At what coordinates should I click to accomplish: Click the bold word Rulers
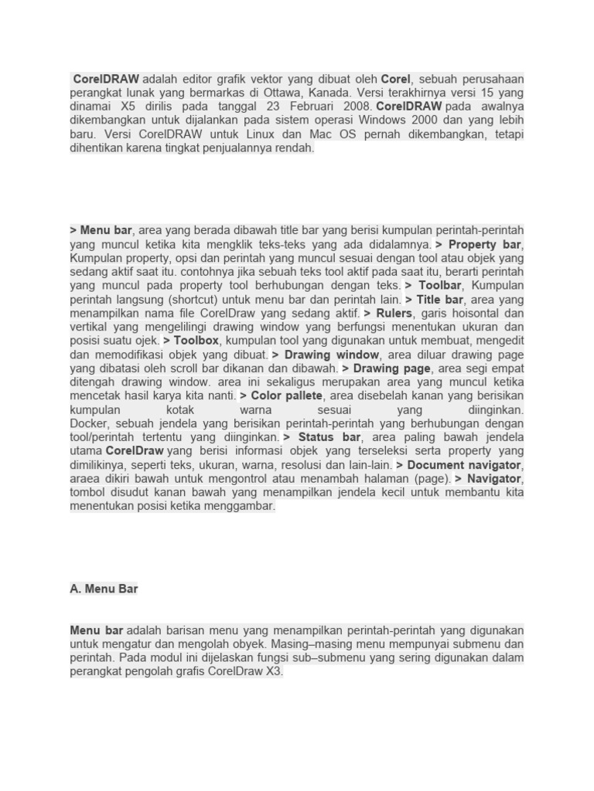point(394,314)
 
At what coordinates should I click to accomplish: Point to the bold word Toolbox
point(196,341)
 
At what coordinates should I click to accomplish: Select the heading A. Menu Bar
point(104,589)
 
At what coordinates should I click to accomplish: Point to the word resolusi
point(301,466)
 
